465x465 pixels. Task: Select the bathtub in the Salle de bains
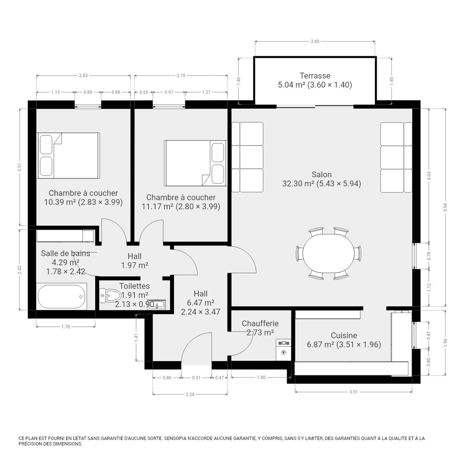[x=62, y=296]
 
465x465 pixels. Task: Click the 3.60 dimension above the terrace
[x=315, y=41]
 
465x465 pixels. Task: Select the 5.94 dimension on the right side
[x=446, y=207]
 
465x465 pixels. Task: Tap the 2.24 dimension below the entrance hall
[x=190, y=394]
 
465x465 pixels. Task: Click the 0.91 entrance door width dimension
[x=196, y=378]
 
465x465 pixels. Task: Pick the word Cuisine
[x=344, y=335]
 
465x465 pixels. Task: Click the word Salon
[x=322, y=174]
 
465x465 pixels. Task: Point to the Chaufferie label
[x=260, y=323]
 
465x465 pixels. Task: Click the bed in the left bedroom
[x=69, y=155]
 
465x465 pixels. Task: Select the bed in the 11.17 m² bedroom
[x=195, y=163]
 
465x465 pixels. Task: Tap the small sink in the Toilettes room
[x=156, y=305]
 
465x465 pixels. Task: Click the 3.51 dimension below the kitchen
[x=353, y=392]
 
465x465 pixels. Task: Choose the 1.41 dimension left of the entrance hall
[x=136, y=337]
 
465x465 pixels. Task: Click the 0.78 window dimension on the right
[x=429, y=256]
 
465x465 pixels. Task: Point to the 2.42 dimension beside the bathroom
[x=20, y=270]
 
